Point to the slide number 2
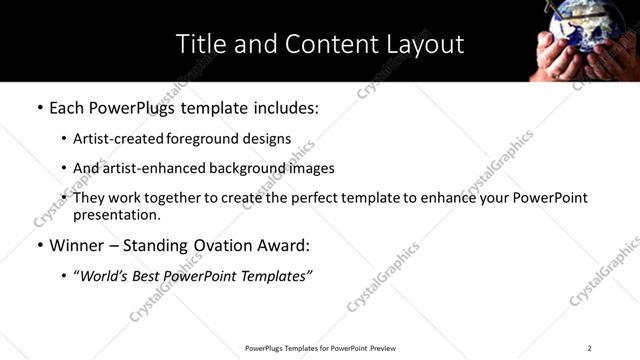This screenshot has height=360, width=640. (590, 348)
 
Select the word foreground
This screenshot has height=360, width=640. (201, 140)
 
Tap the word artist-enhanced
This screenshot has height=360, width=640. (146, 169)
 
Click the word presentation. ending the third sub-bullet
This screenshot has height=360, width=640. (117, 214)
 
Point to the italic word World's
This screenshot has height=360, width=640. (103, 276)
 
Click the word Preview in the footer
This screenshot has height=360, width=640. (384, 348)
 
